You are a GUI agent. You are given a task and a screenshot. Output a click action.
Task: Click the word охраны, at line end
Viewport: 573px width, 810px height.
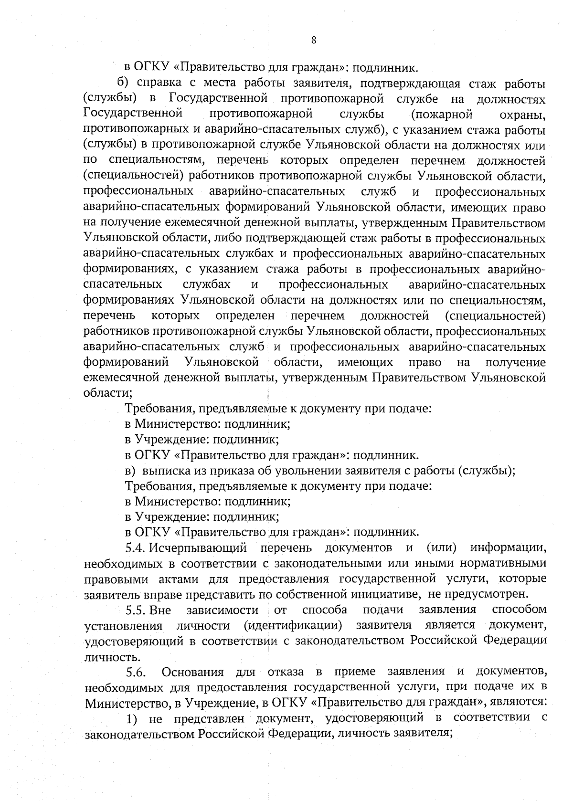(522, 116)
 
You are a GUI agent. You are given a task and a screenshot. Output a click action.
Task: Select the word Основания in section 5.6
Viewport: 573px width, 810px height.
(193, 673)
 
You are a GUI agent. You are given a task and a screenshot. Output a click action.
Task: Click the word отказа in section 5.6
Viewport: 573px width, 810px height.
(285, 673)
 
